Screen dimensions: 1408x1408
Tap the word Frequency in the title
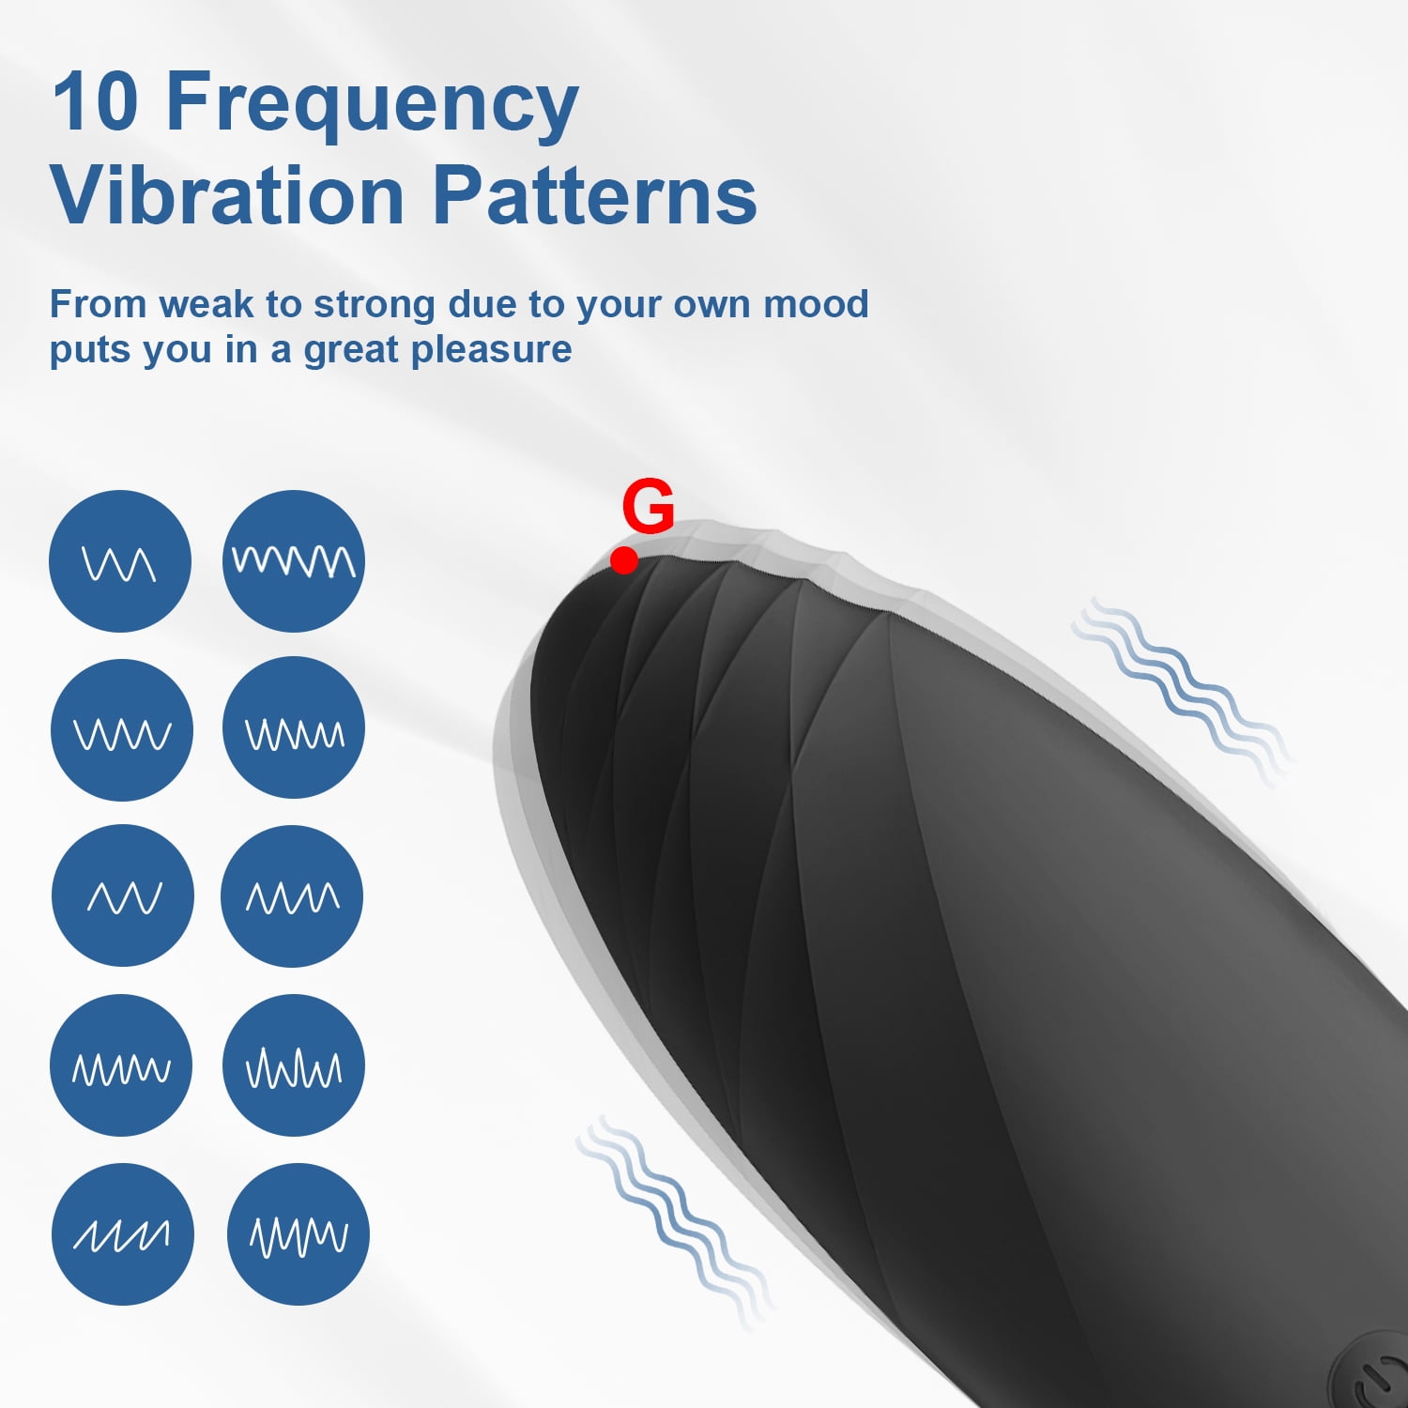(372, 105)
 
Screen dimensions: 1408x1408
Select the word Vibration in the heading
(227, 195)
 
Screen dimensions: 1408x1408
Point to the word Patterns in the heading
(595, 195)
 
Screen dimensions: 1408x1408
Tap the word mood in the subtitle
(816, 304)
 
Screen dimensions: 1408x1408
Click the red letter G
(648, 506)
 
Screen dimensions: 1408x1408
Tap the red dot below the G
(624, 560)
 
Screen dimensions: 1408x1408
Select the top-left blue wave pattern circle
(120, 561)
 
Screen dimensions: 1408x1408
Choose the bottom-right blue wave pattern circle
(298, 1233)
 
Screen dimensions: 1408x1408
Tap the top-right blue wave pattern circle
(294, 561)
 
